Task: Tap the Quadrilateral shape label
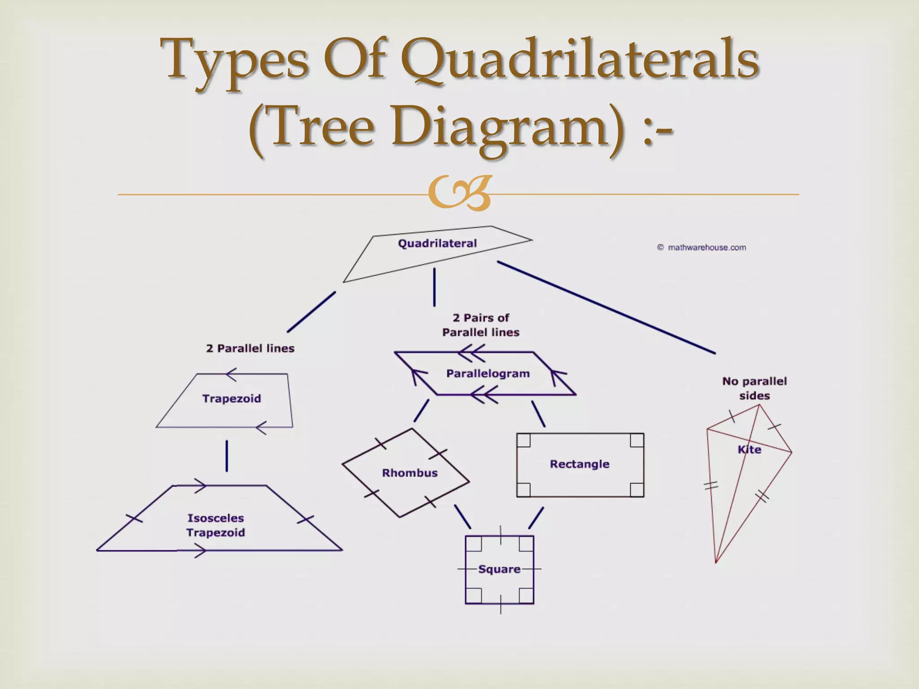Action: [x=437, y=244]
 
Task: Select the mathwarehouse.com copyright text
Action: [x=702, y=248]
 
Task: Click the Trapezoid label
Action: [x=232, y=399]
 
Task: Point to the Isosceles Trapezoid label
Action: [x=216, y=525]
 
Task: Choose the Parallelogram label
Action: [x=488, y=374]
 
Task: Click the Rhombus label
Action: [x=410, y=473]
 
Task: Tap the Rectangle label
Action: [x=579, y=464]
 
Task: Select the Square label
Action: [x=499, y=569]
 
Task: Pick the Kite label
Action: [x=749, y=449]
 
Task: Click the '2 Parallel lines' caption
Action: [x=250, y=349]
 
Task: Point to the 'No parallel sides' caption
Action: [x=754, y=388]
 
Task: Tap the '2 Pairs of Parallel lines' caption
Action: [x=481, y=325]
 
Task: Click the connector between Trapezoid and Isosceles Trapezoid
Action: [x=227, y=456]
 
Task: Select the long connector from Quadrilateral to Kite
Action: [x=606, y=308]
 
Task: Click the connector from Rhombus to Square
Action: [x=462, y=517]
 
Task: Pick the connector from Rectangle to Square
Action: [x=536, y=518]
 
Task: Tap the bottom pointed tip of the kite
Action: [x=716, y=561]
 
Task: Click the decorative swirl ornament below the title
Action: [x=459, y=193]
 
